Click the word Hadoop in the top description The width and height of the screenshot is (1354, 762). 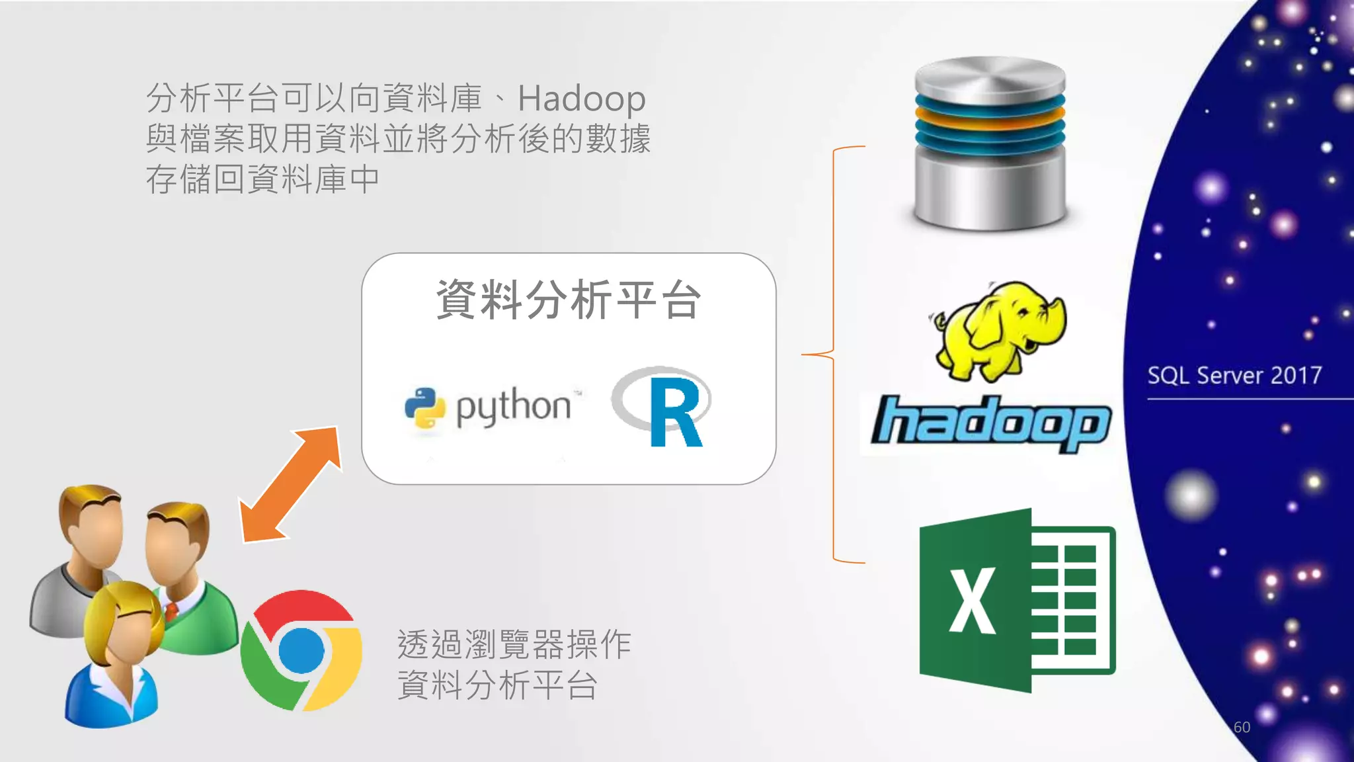[581, 99]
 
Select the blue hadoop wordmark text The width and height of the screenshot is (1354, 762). [990, 423]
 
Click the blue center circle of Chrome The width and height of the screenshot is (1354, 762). [301, 650]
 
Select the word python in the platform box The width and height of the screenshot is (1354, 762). [513, 406]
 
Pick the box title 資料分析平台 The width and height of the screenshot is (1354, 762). [569, 300]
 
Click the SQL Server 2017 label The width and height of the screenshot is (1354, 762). [1234, 376]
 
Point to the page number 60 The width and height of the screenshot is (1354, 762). [1242, 727]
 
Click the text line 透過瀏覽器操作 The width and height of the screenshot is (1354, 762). [514, 644]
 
